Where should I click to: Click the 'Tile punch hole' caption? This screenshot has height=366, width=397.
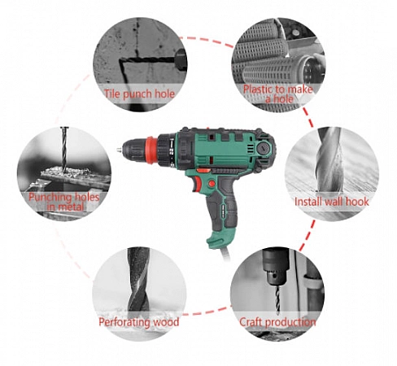(139, 94)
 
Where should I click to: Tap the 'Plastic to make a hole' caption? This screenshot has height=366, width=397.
(278, 94)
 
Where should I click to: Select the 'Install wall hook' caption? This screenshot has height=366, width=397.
(332, 202)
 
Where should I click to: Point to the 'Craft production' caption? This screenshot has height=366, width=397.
(277, 322)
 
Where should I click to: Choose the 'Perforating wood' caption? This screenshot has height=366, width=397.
(139, 322)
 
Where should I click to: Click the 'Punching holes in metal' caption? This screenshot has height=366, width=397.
(64, 202)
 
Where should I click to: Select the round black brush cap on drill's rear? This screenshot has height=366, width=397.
(263, 148)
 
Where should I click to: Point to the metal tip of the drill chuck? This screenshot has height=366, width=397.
(119, 150)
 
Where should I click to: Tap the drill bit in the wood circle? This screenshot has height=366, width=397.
(138, 279)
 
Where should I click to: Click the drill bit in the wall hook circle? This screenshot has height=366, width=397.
(329, 159)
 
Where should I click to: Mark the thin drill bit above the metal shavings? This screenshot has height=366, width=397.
(64, 149)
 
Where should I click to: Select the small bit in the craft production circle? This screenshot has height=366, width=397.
(277, 300)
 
